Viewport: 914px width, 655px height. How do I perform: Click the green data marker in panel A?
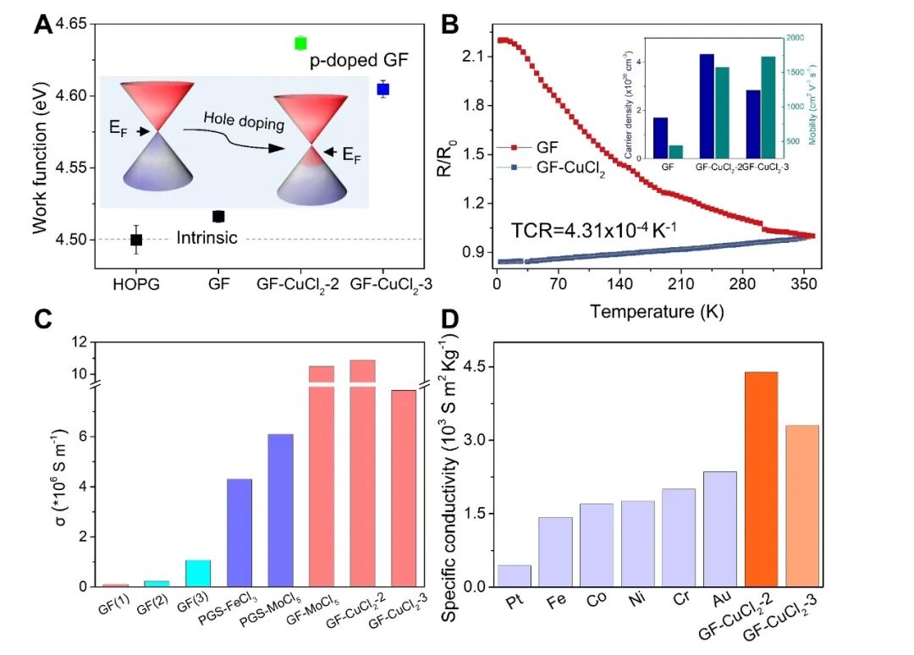click(x=300, y=43)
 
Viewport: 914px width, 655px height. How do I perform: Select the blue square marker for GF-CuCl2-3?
click(x=383, y=89)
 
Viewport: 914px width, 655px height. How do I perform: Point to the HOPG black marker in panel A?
click(x=136, y=239)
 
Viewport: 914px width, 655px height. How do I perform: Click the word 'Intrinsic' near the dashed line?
click(x=206, y=239)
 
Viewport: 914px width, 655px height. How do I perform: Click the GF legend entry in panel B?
click(x=547, y=146)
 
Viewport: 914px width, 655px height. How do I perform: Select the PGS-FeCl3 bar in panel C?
click(x=240, y=532)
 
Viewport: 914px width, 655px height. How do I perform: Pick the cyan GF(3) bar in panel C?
click(x=198, y=573)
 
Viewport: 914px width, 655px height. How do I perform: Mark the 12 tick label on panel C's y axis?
click(x=80, y=342)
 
